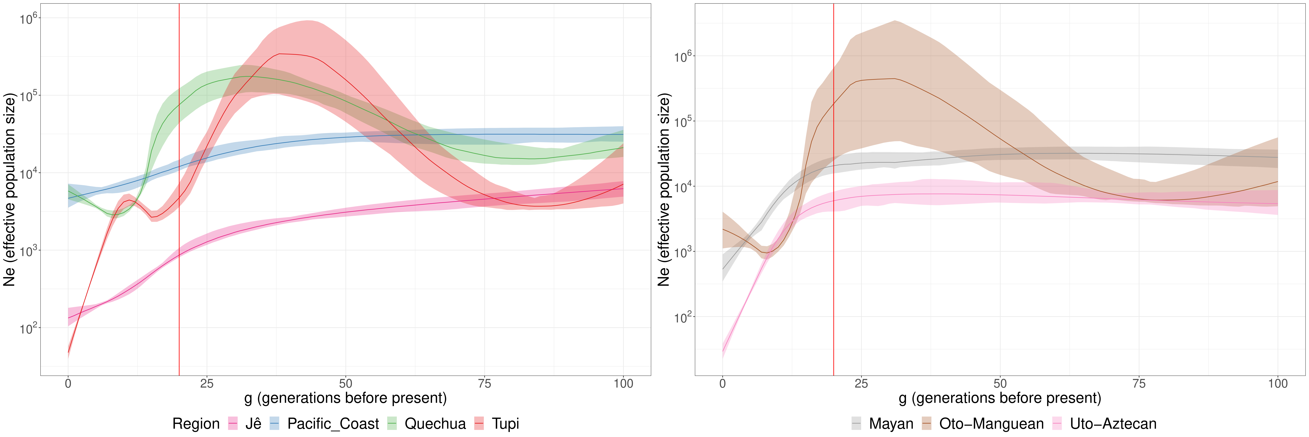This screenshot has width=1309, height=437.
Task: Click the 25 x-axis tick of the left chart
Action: tap(207, 384)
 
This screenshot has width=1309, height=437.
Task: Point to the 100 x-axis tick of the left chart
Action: tap(623, 384)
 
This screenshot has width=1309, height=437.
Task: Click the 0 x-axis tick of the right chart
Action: tap(723, 384)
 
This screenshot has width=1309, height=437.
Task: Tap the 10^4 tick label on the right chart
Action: tap(683, 187)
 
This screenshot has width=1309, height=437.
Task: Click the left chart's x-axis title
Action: tap(346, 398)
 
